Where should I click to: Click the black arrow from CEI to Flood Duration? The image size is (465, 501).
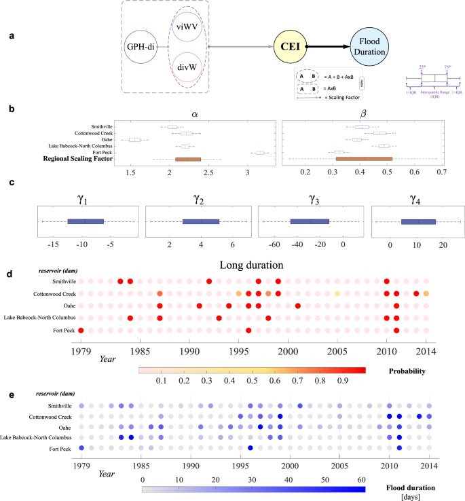329,48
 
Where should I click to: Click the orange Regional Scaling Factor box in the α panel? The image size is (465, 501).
188,160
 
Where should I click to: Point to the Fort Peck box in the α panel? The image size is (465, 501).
260,153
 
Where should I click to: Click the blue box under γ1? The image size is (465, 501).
85,221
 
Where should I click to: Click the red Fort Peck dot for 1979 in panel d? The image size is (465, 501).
81,330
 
